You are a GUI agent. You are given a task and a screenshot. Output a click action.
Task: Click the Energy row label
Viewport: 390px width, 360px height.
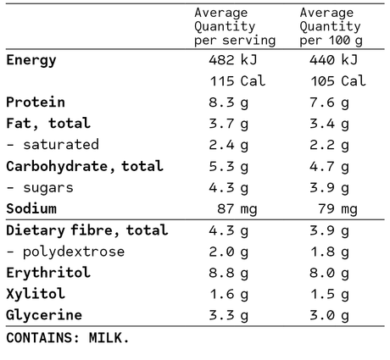(31, 60)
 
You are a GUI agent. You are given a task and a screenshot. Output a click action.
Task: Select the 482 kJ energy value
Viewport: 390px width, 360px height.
(233, 60)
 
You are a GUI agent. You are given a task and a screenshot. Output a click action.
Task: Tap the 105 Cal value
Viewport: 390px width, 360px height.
(338, 81)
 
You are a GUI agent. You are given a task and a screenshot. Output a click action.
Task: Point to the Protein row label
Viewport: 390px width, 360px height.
(36, 102)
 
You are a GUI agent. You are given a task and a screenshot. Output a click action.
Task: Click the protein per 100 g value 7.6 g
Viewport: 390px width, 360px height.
(329, 103)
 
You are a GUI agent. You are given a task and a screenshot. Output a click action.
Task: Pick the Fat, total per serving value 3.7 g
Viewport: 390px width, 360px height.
(229, 125)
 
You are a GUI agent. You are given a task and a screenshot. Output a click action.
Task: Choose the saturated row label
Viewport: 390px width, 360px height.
(53, 145)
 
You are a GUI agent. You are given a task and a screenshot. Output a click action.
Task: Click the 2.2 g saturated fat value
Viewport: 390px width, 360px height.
(329, 146)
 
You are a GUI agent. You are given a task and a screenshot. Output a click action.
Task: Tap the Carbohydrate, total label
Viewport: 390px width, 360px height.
(85, 166)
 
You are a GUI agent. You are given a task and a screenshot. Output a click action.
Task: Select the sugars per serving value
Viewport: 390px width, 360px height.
(229, 188)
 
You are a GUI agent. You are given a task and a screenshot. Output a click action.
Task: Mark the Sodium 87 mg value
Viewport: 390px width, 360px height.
(237, 209)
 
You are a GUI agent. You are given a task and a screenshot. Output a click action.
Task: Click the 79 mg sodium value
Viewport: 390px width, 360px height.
(337, 209)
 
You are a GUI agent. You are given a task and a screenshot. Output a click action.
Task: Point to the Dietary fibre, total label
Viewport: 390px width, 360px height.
(87, 230)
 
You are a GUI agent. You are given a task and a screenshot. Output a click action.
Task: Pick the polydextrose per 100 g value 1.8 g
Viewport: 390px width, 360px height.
(330, 252)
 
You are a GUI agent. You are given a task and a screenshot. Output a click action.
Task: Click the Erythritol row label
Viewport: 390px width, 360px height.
(48, 273)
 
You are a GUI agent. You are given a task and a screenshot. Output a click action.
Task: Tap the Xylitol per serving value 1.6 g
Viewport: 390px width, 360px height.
(229, 295)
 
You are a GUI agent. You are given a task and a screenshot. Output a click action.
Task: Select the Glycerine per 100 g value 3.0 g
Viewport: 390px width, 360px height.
(329, 316)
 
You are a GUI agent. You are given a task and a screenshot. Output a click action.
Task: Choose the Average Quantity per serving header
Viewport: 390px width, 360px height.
(235, 27)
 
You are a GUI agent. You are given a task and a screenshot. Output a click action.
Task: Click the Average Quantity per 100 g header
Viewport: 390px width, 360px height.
(331, 27)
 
